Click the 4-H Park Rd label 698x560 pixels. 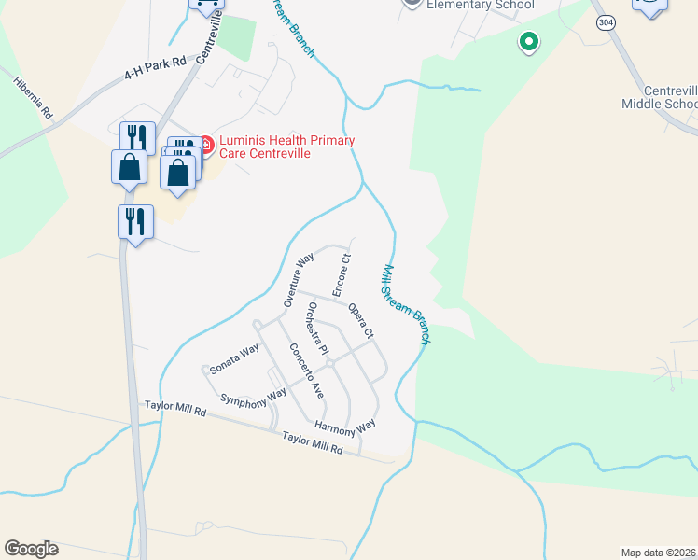157,68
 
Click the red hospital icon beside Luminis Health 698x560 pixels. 205,145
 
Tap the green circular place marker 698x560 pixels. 528,41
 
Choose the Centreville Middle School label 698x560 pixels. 659,96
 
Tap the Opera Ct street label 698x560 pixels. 361,320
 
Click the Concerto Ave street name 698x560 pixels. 306,371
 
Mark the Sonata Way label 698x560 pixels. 234,359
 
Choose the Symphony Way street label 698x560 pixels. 253,397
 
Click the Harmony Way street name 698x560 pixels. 344,425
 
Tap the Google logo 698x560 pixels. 31,549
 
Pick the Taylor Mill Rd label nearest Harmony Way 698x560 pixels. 314,442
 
